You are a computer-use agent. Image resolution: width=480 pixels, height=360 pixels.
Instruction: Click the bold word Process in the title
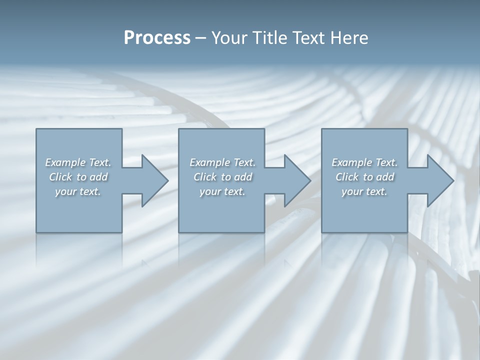point(157,38)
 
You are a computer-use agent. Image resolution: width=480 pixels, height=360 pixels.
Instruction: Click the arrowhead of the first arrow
point(155,180)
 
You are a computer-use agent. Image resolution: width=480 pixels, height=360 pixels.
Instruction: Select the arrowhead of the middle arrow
point(297,180)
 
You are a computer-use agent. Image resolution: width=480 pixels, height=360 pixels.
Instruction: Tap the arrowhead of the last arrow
point(440,180)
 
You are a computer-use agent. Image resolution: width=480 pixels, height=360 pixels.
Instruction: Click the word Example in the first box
point(65,162)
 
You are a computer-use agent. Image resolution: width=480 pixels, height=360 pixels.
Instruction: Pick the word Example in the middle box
point(209,162)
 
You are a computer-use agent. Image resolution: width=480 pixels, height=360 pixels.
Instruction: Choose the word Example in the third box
point(351,162)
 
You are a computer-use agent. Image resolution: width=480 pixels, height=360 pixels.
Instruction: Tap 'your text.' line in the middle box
point(222,191)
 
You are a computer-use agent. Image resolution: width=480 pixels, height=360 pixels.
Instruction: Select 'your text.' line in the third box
point(364,191)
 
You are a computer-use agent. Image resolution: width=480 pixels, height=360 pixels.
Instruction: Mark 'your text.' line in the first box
point(78,191)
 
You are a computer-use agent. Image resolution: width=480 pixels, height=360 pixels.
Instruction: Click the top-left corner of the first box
point(36,129)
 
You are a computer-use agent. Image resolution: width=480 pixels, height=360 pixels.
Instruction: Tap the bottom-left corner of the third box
point(322,232)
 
